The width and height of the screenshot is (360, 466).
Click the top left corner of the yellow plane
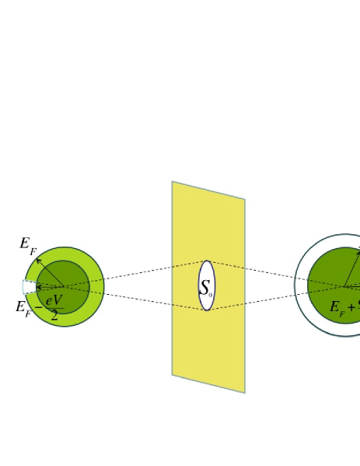173,183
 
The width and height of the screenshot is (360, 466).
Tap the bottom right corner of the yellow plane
244,391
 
